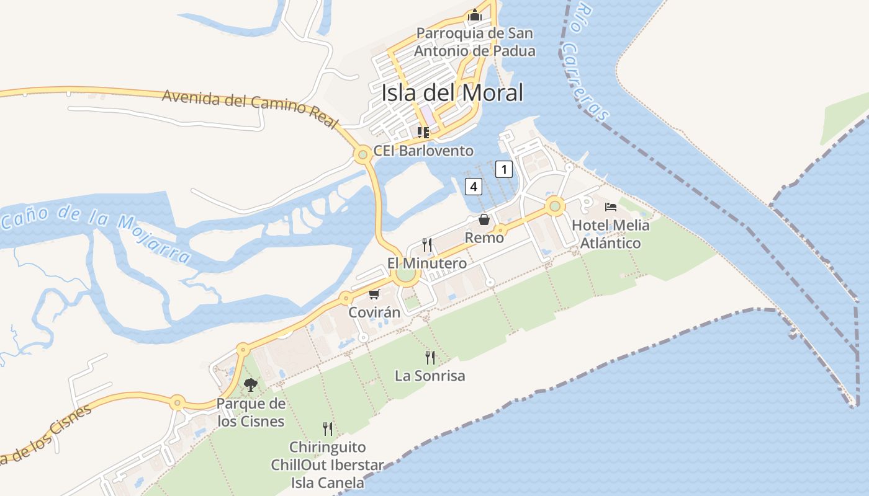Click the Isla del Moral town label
452,92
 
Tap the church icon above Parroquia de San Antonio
475,15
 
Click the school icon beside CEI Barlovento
423,132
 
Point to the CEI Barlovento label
423,151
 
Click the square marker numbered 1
504,169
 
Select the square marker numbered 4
474,185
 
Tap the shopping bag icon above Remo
484,219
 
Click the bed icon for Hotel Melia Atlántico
611,206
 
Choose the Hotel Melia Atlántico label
611,234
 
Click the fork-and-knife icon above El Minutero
427,244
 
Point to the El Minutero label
427,263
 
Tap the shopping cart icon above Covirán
374,294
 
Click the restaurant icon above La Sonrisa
430,357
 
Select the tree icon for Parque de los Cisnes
251,385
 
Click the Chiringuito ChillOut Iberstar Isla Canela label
327,464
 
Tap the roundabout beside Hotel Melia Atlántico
554,206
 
